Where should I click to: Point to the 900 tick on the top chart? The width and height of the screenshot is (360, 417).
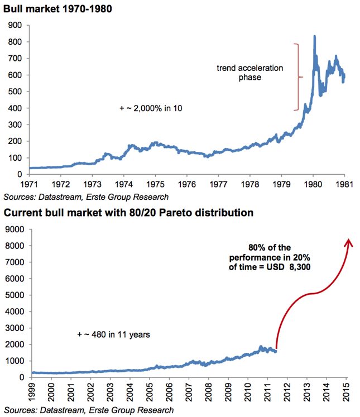[15, 25]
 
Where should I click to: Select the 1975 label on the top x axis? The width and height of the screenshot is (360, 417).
[155, 183]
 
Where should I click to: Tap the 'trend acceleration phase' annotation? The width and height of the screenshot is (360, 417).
[250, 73]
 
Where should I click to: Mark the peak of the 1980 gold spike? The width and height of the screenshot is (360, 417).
[314, 37]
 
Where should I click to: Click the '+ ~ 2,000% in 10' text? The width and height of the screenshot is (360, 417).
[152, 108]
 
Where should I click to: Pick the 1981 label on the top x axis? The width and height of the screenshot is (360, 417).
[344, 183]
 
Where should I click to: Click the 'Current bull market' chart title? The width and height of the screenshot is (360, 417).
[129, 213]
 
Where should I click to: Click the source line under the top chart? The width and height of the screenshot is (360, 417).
[86, 197]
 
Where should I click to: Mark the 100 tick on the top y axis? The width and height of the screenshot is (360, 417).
[15, 158]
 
